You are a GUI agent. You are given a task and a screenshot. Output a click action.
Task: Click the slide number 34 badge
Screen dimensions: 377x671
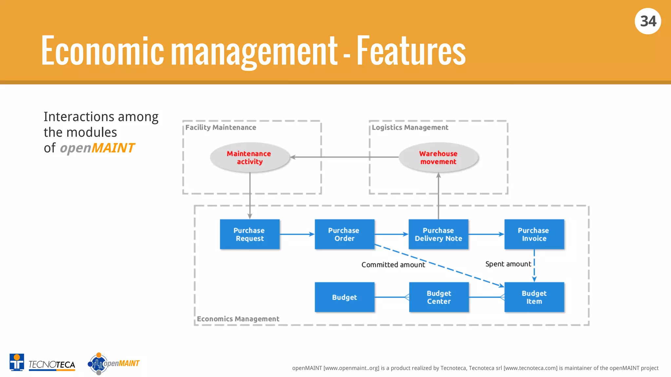(x=648, y=21)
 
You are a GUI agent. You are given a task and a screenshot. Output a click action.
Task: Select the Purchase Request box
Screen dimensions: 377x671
(x=250, y=234)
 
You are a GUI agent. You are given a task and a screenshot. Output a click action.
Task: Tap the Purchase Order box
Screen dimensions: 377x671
(x=344, y=234)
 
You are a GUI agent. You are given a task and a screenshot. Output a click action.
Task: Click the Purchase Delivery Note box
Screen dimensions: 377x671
(x=438, y=234)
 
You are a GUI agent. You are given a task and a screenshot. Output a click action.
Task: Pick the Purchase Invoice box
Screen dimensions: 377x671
(x=534, y=234)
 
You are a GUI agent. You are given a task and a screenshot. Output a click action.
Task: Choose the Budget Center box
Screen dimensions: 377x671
(x=439, y=297)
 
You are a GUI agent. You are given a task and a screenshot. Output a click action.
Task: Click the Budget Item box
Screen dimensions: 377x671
(x=534, y=297)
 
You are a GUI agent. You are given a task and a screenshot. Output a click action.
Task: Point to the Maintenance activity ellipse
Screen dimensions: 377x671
(x=250, y=157)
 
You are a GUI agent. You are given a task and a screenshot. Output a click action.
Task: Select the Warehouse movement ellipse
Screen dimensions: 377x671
(x=438, y=157)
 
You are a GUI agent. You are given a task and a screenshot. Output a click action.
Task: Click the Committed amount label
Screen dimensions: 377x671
(x=393, y=265)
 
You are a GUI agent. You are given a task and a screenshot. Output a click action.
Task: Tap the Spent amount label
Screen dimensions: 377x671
(x=508, y=264)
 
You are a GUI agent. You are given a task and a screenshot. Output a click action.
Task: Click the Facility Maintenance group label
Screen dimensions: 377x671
(x=220, y=128)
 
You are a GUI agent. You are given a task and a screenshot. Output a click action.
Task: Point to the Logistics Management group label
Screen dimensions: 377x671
(x=410, y=128)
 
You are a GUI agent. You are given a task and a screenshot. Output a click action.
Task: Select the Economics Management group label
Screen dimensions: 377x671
(x=238, y=319)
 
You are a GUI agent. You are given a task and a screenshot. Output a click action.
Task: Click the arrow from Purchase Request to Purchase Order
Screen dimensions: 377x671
(x=297, y=234)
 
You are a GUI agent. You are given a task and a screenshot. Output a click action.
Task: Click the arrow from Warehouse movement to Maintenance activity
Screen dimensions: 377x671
(x=344, y=157)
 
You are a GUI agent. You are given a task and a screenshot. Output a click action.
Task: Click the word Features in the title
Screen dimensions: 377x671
(x=411, y=51)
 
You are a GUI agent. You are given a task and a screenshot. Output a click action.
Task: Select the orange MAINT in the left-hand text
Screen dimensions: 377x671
(x=113, y=148)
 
